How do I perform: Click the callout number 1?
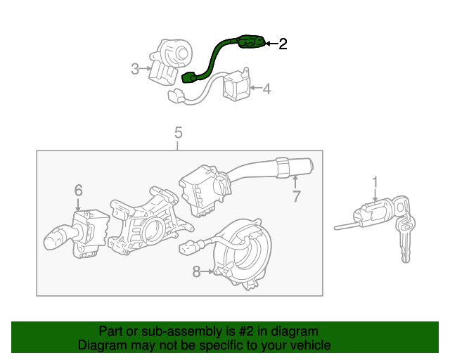click(375, 183)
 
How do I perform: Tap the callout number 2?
click(283, 44)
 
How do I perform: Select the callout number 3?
click(135, 69)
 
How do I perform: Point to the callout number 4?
click(266, 89)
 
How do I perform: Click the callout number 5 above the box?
click(178, 132)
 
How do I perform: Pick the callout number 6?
click(78, 189)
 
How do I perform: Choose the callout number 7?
click(296, 197)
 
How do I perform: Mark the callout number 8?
click(197, 270)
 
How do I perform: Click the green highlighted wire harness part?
click(211, 60)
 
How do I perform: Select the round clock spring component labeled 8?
click(239, 253)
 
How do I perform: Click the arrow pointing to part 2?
click(271, 44)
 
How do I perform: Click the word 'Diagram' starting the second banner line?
click(101, 345)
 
